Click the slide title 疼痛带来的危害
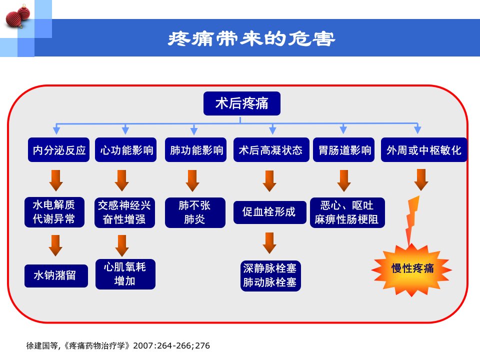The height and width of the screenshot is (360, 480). (x=251, y=39)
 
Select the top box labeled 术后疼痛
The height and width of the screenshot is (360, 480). (x=242, y=103)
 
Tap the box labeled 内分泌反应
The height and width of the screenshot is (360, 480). (x=59, y=149)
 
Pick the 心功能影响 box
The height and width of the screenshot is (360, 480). (x=126, y=149)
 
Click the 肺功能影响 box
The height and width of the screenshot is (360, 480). (x=195, y=149)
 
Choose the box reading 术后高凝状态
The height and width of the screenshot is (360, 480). (x=271, y=149)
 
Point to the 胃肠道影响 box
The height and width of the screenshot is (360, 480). (x=344, y=149)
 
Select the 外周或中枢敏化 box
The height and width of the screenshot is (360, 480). (x=424, y=149)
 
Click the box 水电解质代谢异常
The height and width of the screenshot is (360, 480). (x=54, y=212)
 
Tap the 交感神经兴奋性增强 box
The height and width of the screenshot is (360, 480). (x=124, y=213)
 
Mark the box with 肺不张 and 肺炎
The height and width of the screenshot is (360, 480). (x=195, y=213)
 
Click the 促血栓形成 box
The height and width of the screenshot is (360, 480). (x=269, y=212)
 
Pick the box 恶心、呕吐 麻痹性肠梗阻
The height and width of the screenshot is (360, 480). (x=347, y=213)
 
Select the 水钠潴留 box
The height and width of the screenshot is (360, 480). (x=56, y=276)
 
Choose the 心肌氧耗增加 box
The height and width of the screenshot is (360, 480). (x=125, y=274)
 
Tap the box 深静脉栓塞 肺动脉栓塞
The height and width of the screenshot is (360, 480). (x=270, y=276)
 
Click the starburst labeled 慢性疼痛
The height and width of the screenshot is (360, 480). (x=411, y=269)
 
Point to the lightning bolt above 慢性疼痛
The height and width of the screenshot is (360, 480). (x=412, y=220)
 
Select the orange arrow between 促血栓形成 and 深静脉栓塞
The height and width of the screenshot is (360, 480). (x=269, y=243)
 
